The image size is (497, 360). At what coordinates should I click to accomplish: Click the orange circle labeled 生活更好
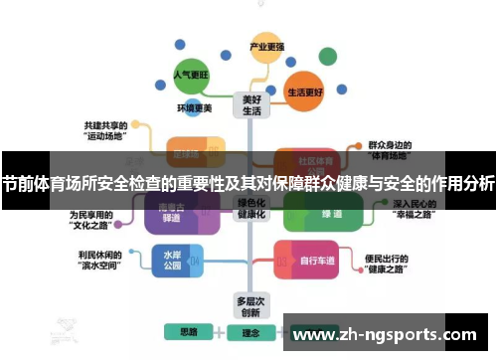[305, 90]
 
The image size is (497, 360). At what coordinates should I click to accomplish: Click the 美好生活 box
[251, 105]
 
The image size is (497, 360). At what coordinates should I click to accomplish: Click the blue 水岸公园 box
[172, 261]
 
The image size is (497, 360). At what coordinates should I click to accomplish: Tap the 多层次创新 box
[251, 304]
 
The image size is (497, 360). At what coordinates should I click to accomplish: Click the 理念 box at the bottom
[251, 332]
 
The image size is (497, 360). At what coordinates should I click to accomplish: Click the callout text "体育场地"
[390, 155]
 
